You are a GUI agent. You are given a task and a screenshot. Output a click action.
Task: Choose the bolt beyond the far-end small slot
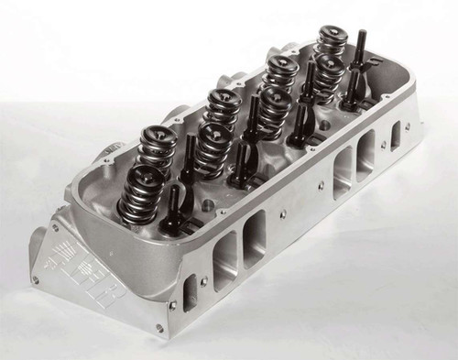pyautogui.click(x=408, y=115)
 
